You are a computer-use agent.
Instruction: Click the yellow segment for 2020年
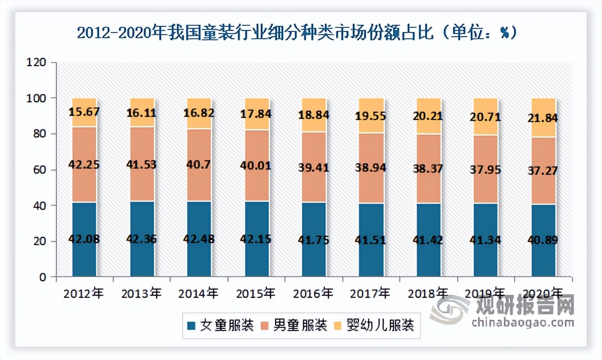(x=544, y=117)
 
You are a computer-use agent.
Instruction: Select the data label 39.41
(x=314, y=167)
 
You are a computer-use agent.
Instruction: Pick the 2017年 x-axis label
(x=370, y=293)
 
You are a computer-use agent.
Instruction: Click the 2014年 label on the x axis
(x=199, y=293)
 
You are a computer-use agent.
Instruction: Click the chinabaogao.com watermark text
(x=522, y=322)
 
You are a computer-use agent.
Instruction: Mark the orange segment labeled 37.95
(x=486, y=170)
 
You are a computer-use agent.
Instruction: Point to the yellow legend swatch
(x=339, y=326)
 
